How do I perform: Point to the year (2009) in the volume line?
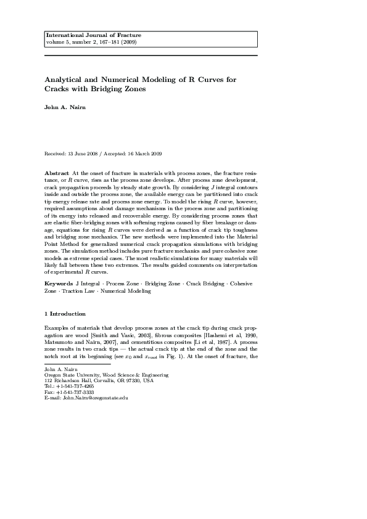[x=129, y=42]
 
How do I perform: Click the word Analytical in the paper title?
[x=65, y=80]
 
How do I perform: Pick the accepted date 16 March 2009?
[x=144, y=153]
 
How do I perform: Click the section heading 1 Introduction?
[x=65, y=313]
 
